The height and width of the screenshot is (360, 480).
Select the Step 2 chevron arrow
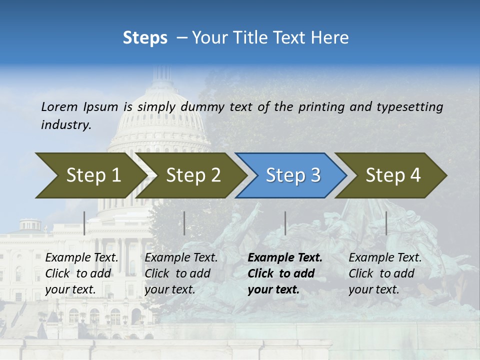tap(192, 175)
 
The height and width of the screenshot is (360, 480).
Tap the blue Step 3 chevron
tap(292, 175)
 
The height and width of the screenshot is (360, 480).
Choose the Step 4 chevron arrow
tap(392, 175)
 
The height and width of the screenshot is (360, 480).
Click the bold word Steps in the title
tap(145, 38)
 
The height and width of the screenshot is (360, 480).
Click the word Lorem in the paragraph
tap(59, 106)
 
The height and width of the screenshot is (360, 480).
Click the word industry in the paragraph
tap(66, 124)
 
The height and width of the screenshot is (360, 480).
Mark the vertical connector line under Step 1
tap(84, 223)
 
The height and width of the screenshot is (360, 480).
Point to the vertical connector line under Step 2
tap(184, 223)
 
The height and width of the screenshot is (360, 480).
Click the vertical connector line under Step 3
tap(285, 223)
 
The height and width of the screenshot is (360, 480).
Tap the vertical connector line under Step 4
tap(386, 223)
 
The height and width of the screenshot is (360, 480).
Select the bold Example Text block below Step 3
tap(284, 273)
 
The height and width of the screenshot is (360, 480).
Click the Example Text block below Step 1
tap(81, 273)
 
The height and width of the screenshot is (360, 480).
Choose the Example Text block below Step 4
tap(384, 273)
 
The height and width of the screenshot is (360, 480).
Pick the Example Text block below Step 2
tap(180, 273)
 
